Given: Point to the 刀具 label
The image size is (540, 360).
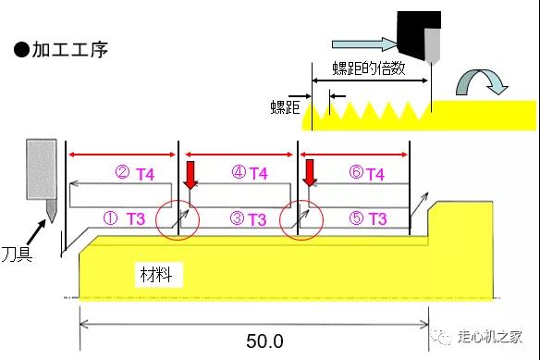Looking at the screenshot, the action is tap(17, 252).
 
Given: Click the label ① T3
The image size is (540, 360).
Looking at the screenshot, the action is tap(123, 219).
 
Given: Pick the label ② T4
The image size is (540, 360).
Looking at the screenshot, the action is tap(133, 173).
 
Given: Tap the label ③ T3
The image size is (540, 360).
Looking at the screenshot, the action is tap(248, 219).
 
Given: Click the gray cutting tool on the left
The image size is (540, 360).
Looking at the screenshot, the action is tap(42, 176).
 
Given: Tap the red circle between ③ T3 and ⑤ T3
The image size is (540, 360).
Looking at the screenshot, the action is tap(301, 218).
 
